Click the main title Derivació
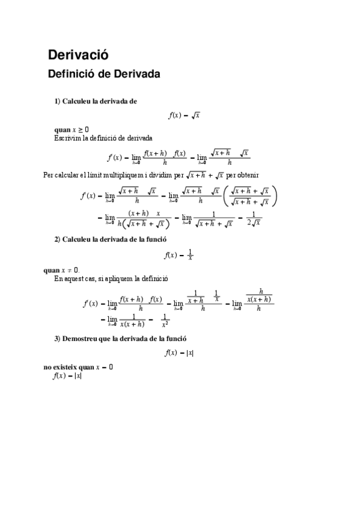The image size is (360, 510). [78, 55]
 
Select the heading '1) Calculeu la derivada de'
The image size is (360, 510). [96, 101]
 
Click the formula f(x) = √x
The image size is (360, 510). [183, 115]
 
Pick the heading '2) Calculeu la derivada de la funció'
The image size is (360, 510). [110, 239]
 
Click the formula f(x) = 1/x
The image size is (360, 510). [178, 254]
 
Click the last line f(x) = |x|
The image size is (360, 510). [67, 376]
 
